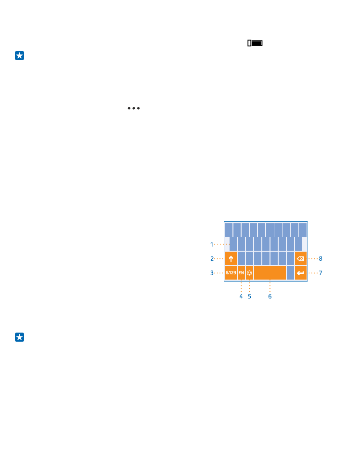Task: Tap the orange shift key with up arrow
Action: point(231,258)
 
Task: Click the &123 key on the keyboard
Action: point(231,273)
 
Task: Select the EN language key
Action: point(241,273)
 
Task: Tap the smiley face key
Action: point(249,273)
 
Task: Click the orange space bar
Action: point(270,273)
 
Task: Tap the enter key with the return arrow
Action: point(301,273)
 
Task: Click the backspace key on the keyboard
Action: point(301,258)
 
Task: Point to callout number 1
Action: point(212,244)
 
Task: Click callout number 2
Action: point(212,258)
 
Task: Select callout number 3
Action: point(212,273)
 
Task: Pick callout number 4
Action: point(241,296)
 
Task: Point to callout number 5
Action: point(249,296)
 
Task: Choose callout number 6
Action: point(270,296)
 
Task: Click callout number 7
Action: point(321,273)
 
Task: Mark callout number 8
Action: point(321,258)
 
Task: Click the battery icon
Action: point(255,43)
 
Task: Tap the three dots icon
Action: point(134,108)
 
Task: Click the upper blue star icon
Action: point(20,56)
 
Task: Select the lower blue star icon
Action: point(20,337)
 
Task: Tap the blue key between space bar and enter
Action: point(291,273)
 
